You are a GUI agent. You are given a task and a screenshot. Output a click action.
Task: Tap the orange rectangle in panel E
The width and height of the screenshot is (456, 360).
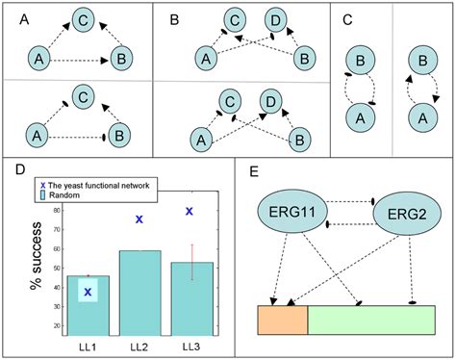(x=282, y=320)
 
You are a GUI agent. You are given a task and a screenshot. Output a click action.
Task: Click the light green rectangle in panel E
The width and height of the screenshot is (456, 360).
(x=370, y=320)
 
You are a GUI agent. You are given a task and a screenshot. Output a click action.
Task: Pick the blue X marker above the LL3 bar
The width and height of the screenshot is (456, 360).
(x=190, y=211)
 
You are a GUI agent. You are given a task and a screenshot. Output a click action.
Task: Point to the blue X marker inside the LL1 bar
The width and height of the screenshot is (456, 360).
(x=88, y=292)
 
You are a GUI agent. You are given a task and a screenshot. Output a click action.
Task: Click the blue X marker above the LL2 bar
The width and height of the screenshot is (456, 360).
(x=139, y=220)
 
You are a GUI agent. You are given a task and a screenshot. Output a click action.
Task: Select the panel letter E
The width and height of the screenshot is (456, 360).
(x=252, y=172)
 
